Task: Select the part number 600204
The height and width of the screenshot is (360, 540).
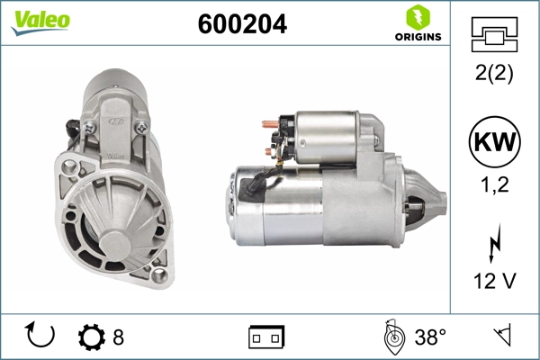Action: pos(242,25)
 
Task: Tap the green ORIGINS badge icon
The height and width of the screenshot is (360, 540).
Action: pos(416,17)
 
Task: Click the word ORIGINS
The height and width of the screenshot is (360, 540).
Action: pos(417,37)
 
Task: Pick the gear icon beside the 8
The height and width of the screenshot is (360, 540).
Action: pos(92,337)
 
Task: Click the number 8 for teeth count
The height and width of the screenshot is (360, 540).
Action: pos(118,337)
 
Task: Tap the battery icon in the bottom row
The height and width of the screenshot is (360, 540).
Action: pos(266,337)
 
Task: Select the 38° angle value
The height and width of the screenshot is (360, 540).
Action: pos(429,337)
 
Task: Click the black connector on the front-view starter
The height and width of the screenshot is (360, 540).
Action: pos(71,134)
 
